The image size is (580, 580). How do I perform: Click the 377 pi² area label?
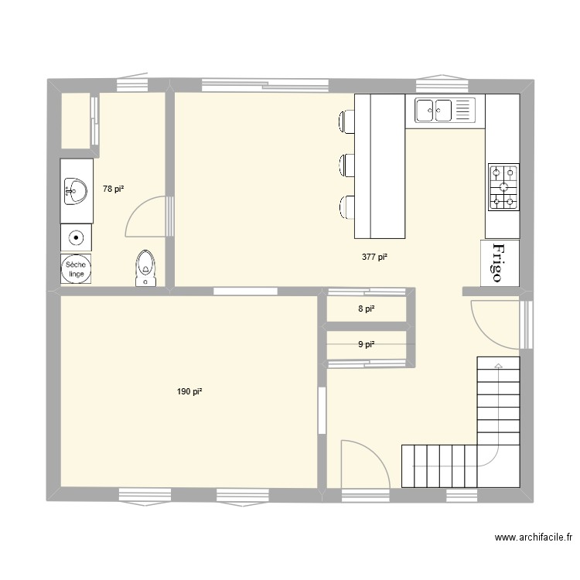click(374, 258)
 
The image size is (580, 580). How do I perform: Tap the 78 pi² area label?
click(113, 189)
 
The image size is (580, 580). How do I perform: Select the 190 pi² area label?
click(189, 392)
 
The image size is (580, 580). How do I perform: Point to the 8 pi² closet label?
click(366, 309)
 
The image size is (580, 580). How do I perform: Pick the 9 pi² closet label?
click(366, 344)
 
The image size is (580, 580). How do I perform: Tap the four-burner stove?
click(503, 188)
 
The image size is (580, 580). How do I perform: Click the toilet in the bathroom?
click(145, 267)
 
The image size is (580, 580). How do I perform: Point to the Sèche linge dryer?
click(77, 268)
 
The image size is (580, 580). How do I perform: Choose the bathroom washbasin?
click(77, 190)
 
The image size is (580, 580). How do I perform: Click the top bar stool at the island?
click(346, 121)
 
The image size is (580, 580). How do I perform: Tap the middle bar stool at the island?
click(346, 164)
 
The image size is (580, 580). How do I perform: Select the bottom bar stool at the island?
click(346, 208)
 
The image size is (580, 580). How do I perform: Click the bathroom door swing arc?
click(144, 216)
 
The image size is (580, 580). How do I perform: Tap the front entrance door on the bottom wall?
click(363, 464)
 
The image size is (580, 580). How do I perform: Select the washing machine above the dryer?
click(77, 238)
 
